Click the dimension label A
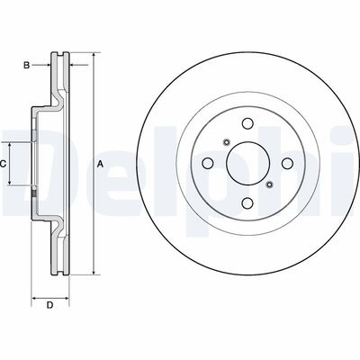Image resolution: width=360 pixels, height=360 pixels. (x=100, y=163)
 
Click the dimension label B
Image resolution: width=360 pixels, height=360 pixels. (x=27, y=65)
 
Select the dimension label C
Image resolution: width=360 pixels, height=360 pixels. (x=3, y=163)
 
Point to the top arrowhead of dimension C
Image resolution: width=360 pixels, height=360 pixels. (x=11, y=145)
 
